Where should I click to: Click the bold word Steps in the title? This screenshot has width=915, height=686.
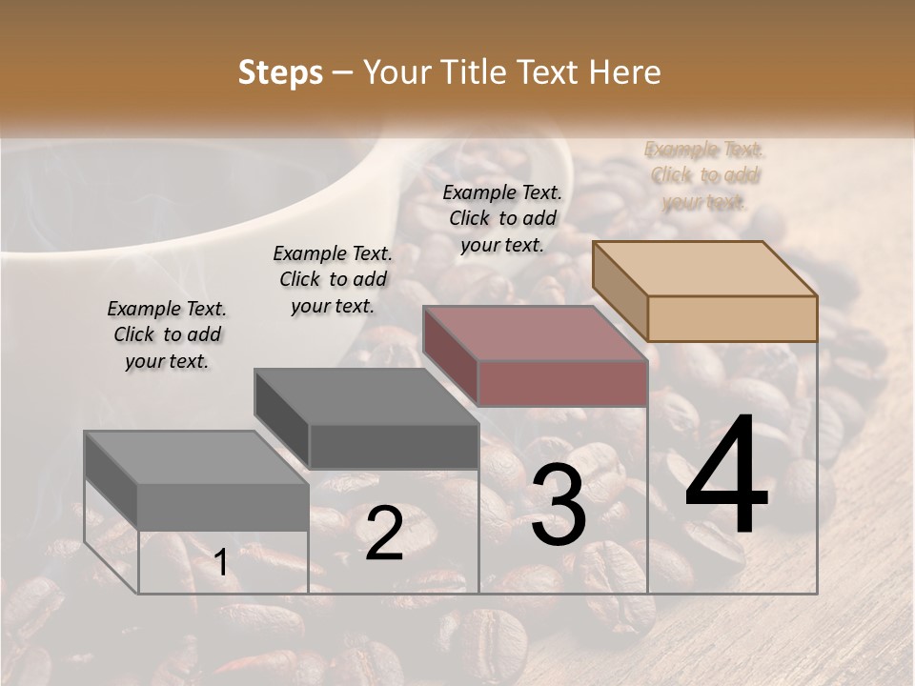pos(280,72)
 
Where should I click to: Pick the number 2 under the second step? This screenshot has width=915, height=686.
pos(384,534)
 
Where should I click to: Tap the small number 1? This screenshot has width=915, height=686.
pos(220,563)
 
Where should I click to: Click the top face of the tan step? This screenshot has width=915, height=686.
pos(704,269)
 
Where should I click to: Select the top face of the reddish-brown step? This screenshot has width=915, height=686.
pos(535,333)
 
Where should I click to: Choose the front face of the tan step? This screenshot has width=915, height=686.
pos(732,318)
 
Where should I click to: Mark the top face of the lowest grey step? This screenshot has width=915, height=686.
pos(195,457)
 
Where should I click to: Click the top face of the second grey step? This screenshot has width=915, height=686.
pos(365,396)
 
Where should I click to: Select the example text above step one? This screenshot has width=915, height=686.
pos(167,335)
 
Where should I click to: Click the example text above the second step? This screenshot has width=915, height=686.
pos(333,280)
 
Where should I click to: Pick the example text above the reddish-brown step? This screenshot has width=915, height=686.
pos(502,218)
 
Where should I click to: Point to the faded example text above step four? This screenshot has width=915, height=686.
pos(704,175)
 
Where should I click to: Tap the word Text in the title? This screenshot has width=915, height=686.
pos(547,72)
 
